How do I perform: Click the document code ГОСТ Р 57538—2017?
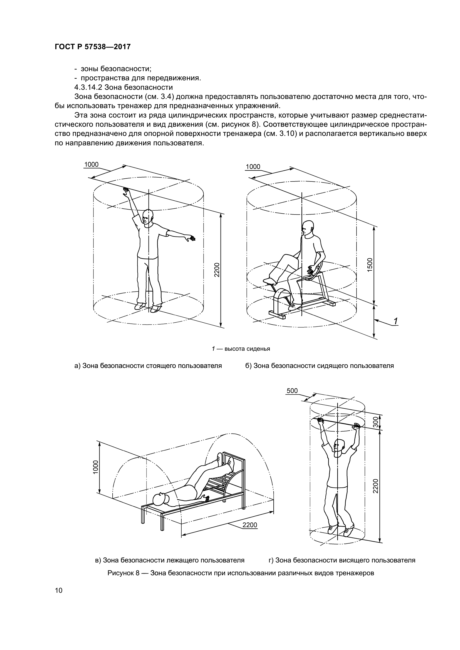coord(93,47)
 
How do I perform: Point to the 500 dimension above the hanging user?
coord(292,391)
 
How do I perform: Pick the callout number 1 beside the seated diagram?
coord(395,321)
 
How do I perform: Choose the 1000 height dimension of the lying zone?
coord(95,467)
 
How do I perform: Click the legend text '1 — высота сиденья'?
coord(241,349)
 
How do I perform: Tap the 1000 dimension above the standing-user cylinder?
coord(91,165)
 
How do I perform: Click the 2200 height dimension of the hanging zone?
coord(375,486)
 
